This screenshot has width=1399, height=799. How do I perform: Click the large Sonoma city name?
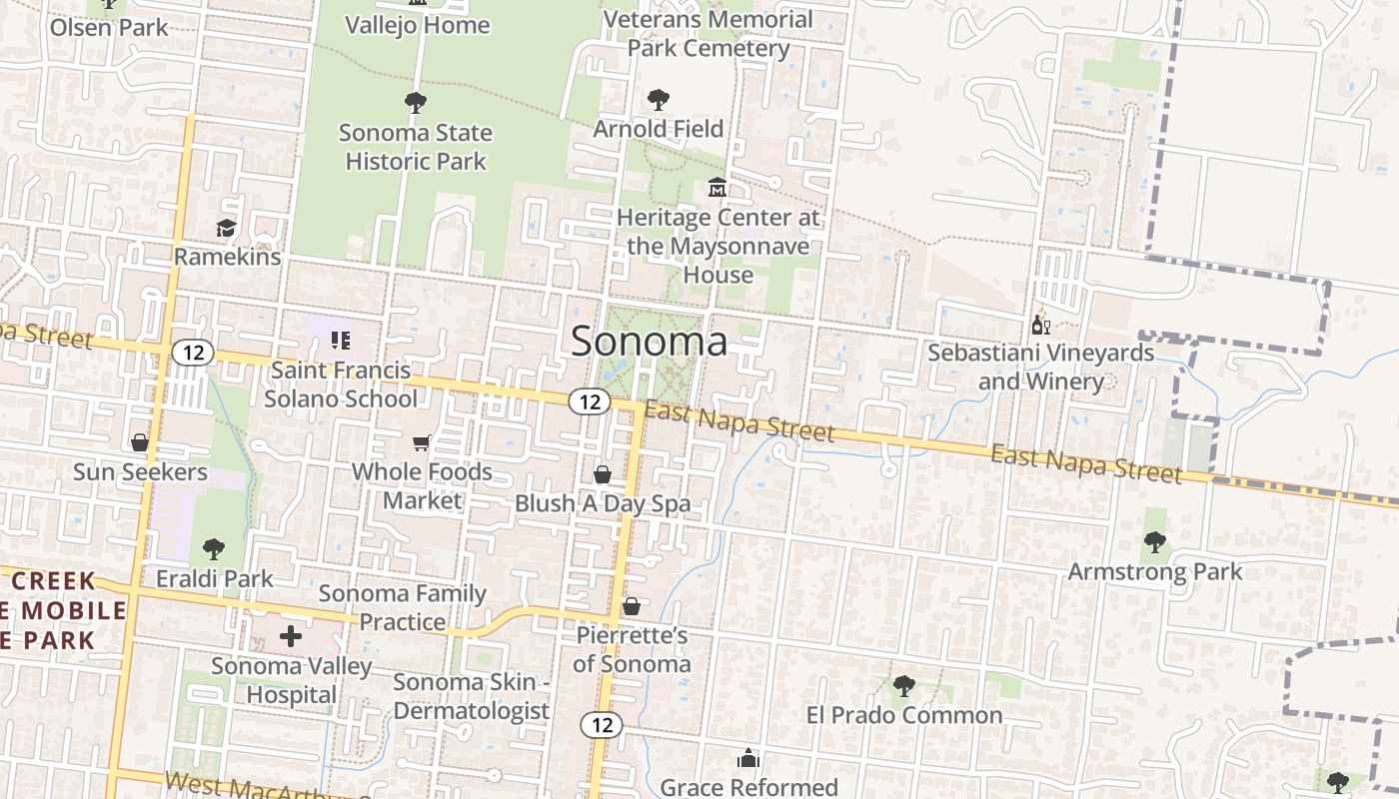[649, 342]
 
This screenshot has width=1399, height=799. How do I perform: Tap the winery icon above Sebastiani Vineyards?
[1040, 325]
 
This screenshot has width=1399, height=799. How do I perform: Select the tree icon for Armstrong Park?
[1154, 543]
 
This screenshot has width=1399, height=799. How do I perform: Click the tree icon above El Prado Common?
[903, 686]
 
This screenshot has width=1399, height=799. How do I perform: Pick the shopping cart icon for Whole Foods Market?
[422, 442]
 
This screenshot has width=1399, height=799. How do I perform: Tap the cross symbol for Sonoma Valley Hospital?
[291, 636]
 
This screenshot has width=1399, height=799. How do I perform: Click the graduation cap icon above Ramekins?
[227, 229]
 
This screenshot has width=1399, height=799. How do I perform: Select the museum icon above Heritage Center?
[717, 188]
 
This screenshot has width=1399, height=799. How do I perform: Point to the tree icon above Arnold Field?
[658, 100]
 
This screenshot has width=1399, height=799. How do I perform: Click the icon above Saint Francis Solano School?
[341, 341]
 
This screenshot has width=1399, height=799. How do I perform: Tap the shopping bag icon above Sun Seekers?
[139, 442]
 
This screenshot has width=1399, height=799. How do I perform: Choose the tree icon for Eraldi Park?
[213, 548]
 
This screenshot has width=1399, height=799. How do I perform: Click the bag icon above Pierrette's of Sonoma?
[631, 606]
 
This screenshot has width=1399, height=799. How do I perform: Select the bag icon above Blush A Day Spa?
[603, 474]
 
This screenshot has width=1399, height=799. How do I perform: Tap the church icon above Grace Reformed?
[748, 759]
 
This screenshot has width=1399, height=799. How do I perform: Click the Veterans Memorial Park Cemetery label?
[708, 33]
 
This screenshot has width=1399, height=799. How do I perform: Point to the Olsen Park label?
[110, 27]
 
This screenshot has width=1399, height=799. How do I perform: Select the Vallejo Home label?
[418, 25]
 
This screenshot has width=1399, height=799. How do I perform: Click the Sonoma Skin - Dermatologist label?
[471, 696]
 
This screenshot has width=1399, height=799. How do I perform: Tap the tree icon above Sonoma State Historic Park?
[415, 102]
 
